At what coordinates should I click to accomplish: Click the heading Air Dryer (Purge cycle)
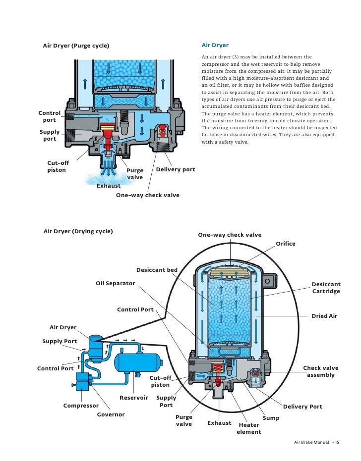tap(76, 47)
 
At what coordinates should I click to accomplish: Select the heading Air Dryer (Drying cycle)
tap(78, 231)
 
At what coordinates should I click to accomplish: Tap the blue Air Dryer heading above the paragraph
tap(215, 45)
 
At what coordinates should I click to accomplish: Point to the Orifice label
tap(285, 244)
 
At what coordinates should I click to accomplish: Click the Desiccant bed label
tap(157, 270)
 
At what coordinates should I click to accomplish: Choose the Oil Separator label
tap(115, 283)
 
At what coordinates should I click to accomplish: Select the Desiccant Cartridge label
tap(326, 288)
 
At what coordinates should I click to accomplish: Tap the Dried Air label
tap(324, 316)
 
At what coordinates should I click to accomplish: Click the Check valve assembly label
tap(321, 371)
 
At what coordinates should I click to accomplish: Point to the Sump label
tap(271, 418)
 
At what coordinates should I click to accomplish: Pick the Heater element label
tap(249, 428)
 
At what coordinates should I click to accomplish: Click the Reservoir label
tap(133, 398)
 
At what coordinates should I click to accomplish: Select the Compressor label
tap(81, 406)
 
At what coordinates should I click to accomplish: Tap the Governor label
tap(111, 414)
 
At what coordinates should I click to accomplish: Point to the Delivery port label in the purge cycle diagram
tap(176, 169)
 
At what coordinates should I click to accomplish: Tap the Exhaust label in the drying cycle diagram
tap(219, 423)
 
